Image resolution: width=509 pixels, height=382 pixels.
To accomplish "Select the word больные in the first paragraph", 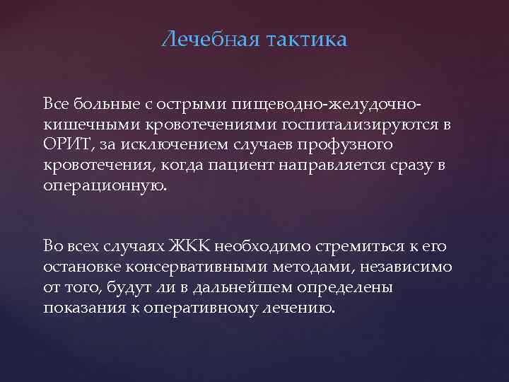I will (x=101, y=105).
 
